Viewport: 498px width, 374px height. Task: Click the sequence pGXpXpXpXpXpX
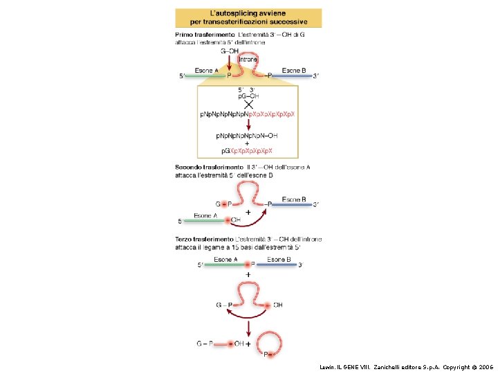click(x=247, y=150)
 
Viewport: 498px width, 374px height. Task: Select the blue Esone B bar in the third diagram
click(x=277, y=265)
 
